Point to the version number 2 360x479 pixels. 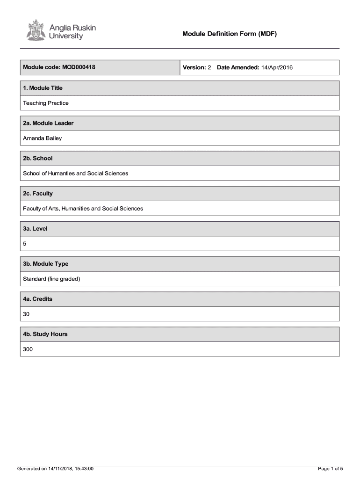point(209,68)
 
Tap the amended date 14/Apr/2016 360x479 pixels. point(277,68)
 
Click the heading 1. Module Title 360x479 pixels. point(43,88)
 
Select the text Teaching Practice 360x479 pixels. point(46,103)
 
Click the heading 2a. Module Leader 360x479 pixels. point(48,123)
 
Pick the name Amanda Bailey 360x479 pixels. point(43,138)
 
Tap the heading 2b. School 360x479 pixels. point(38,158)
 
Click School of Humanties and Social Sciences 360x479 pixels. point(76,173)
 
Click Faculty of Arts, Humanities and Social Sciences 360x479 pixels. point(83,208)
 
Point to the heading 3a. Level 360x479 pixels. point(36,229)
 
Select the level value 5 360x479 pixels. point(25,244)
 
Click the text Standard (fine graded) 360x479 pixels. point(52,279)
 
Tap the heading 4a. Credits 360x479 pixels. point(38,299)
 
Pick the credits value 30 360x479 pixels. point(26,314)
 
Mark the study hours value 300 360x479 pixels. point(28,349)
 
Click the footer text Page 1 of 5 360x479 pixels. point(331,468)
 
